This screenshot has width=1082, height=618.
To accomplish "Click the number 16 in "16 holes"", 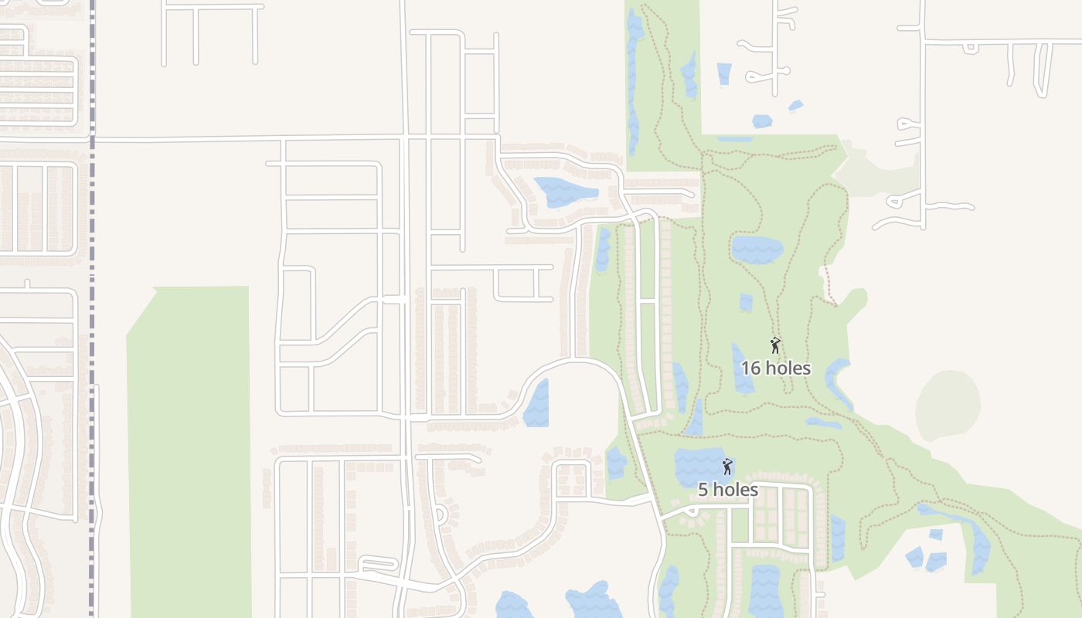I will pos(750,368).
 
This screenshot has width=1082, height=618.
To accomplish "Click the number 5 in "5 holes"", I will pos(703,490).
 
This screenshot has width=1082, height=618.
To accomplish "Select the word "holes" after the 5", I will pos(735,490).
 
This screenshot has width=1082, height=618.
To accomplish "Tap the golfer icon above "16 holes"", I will pos(775,345).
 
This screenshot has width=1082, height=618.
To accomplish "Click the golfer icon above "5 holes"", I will pos(726,467).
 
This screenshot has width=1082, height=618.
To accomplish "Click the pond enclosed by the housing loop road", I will pos(564,192).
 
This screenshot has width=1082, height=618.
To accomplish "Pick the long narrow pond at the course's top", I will pos(634,77).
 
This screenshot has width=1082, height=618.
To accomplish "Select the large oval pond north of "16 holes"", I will pos(757,250).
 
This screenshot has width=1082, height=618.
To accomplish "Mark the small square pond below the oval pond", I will pos(746,302).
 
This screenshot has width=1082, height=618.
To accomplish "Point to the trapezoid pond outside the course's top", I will pos(723,74).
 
